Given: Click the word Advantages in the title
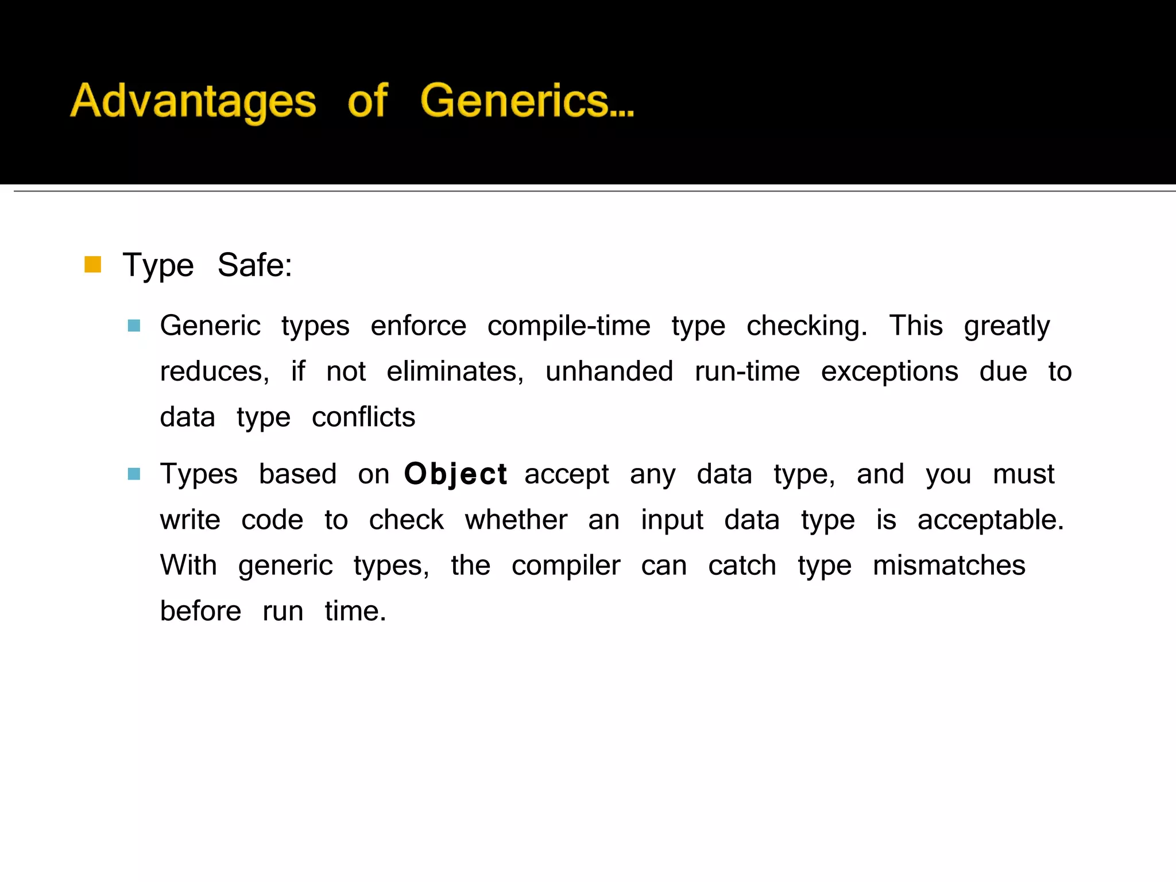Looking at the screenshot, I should point(193,101).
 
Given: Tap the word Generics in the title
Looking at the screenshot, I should point(527,101).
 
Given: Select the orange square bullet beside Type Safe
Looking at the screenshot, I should point(92,265).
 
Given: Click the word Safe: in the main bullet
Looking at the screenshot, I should point(255,265).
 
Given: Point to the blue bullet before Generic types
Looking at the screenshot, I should point(134,326).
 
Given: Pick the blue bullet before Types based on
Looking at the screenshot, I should point(134,474).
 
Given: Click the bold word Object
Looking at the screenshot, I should point(455,474).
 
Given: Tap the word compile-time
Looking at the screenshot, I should point(568,326).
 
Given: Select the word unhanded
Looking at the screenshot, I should point(609,372).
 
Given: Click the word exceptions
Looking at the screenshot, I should point(889,372).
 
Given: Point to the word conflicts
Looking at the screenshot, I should point(363,417).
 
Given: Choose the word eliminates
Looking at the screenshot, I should point(455,372).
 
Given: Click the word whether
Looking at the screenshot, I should point(516,520).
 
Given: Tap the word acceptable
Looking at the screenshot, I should point(991,520).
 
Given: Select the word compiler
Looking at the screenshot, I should point(566,566).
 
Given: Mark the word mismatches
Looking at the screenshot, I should point(949,566).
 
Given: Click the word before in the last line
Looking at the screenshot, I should point(200,611).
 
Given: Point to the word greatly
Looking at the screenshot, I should point(1007,326).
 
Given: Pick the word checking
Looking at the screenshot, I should point(807,326).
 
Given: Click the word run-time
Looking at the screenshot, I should point(747,372).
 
